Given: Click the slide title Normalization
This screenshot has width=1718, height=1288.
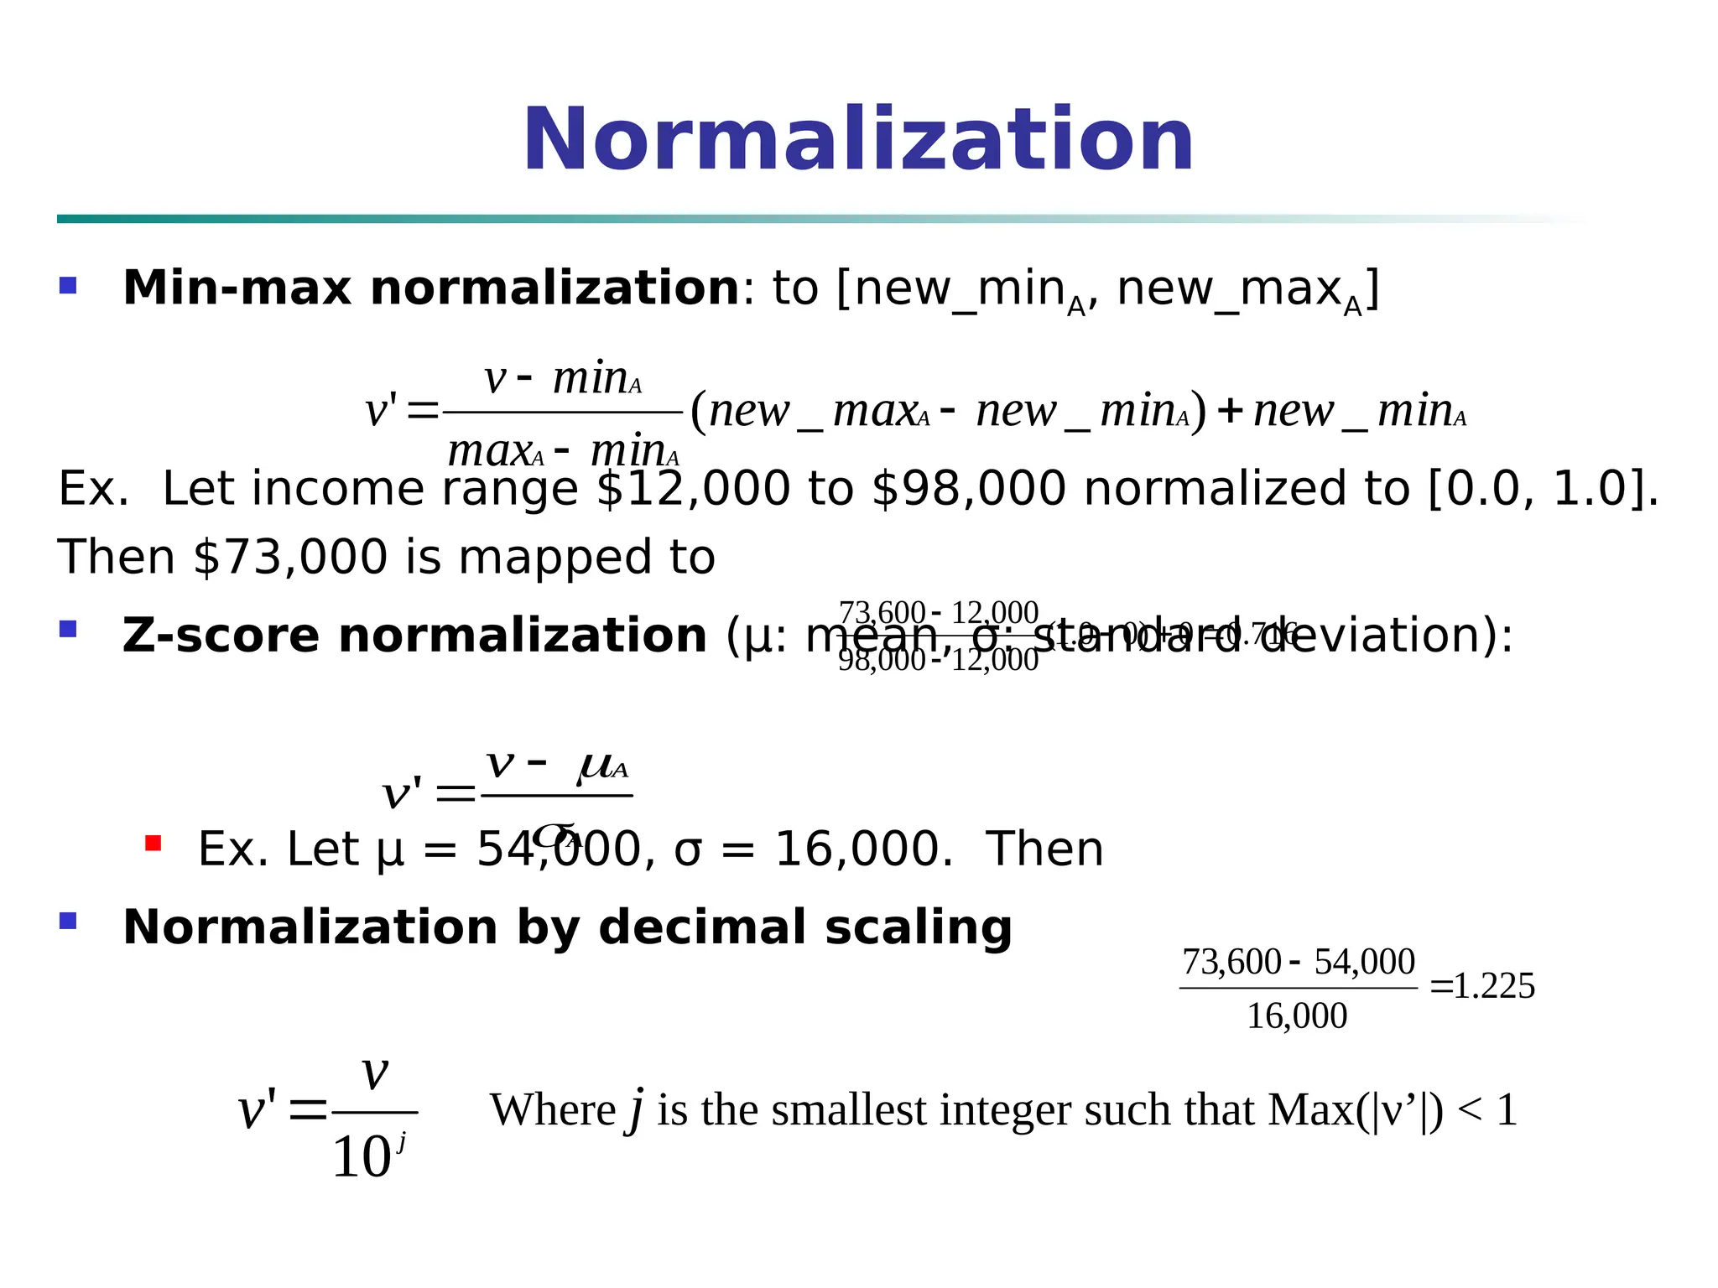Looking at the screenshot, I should [858, 140].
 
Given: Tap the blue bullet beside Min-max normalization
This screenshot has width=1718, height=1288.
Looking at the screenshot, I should [68, 286].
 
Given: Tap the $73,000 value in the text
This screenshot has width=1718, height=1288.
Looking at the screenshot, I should [290, 558].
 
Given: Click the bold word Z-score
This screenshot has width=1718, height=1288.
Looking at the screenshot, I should [221, 636].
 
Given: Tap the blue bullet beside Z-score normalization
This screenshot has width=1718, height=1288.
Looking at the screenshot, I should [68, 628].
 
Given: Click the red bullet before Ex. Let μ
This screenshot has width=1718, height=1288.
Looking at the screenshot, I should [153, 843].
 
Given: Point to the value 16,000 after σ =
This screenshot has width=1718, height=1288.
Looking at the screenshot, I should [863, 849].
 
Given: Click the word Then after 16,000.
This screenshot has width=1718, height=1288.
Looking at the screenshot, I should [1044, 849].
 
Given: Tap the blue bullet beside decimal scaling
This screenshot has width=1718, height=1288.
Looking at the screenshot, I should [68, 921].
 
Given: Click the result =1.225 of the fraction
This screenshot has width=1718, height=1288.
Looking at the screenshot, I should [1483, 987].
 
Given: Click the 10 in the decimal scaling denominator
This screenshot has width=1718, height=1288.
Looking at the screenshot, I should [362, 1158].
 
